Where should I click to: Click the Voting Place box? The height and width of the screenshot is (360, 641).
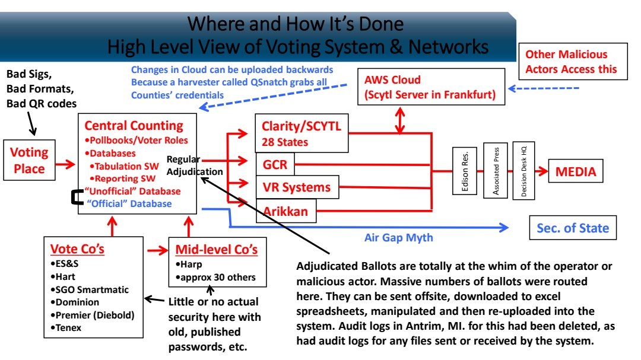point(29,161)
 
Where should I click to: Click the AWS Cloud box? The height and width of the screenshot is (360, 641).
point(431,87)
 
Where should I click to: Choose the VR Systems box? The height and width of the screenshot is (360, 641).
point(297,187)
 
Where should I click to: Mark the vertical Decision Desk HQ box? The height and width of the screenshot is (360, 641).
point(524,171)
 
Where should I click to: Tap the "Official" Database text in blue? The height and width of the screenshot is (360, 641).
point(129,203)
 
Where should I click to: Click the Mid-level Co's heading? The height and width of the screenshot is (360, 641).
point(215,249)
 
